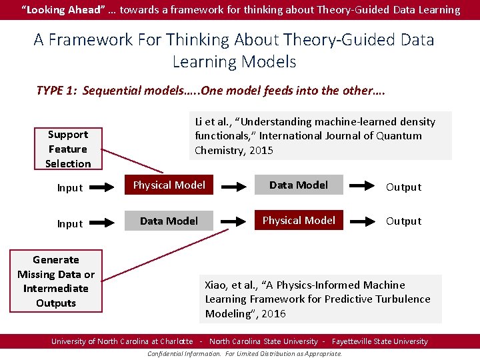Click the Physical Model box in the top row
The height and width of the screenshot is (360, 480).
click(169, 185)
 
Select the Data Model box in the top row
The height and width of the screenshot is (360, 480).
click(298, 185)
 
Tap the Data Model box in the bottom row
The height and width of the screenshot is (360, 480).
click(169, 221)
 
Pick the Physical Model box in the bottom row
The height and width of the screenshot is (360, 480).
click(298, 221)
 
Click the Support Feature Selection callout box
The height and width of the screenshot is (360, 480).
click(68, 149)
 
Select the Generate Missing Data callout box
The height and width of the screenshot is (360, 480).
click(56, 281)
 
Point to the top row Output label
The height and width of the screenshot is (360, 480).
click(403, 187)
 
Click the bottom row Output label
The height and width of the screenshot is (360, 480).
click(403, 221)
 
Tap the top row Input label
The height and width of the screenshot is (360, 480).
click(70, 188)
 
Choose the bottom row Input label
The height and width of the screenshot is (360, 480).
click(70, 224)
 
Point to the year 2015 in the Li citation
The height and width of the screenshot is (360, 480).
click(261, 151)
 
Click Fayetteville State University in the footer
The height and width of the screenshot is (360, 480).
click(379, 341)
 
